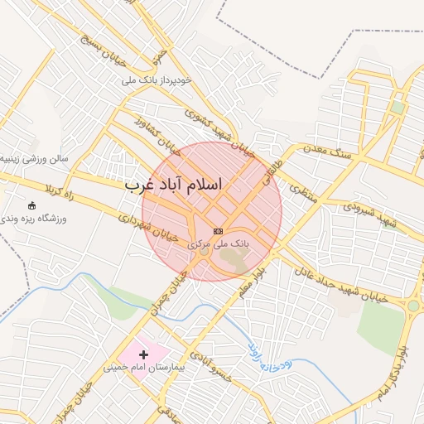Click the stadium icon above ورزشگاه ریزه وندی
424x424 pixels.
32,205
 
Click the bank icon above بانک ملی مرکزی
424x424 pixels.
219,231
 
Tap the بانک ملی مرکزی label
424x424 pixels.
218,244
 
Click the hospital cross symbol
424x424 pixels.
144,354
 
